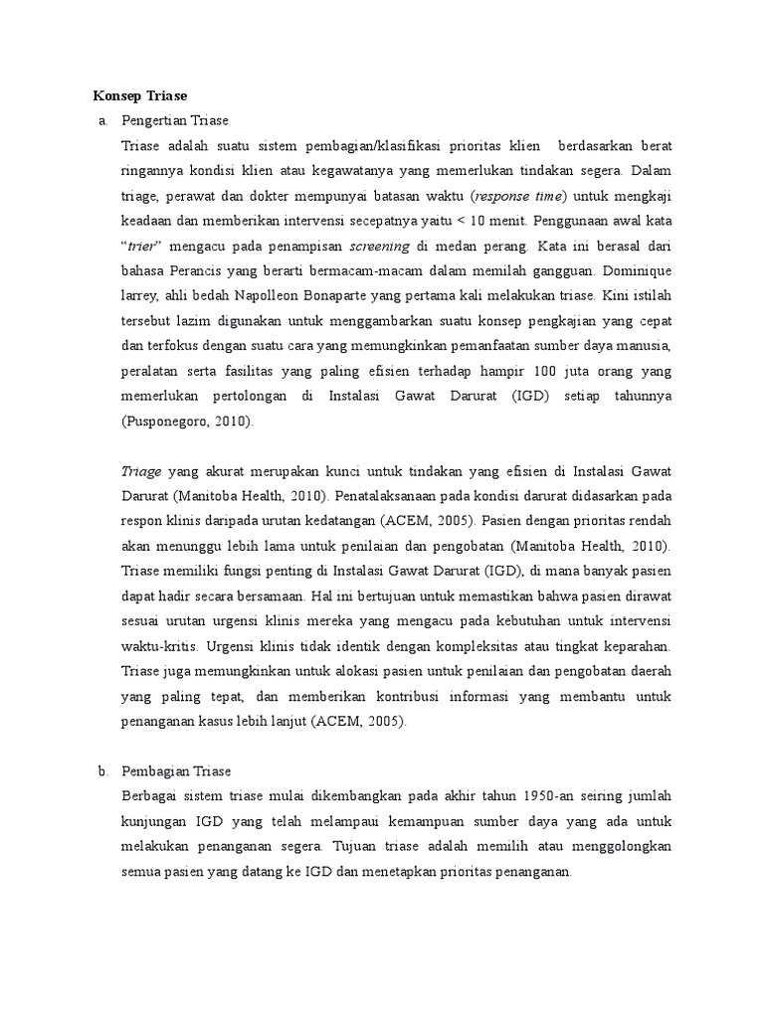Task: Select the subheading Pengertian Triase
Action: pyautogui.click(x=175, y=120)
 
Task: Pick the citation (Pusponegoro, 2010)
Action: pyautogui.click(x=188, y=421)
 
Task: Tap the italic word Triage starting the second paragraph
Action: pyautogui.click(x=140, y=471)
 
